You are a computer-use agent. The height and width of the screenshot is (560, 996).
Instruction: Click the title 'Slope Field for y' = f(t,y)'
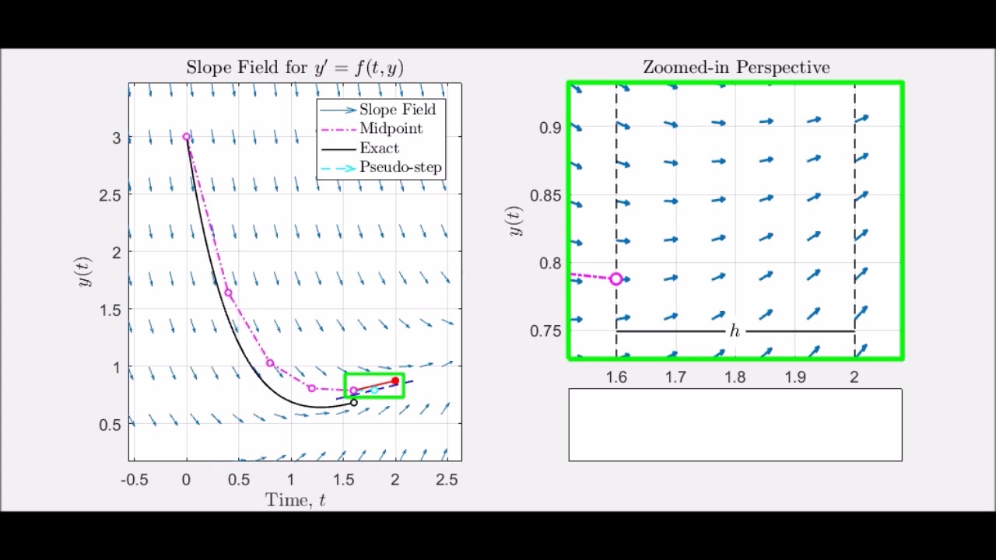(x=294, y=68)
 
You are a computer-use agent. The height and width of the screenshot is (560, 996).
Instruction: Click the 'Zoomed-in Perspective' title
(x=735, y=68)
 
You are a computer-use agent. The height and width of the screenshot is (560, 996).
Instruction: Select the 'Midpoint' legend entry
(x=391, y=129)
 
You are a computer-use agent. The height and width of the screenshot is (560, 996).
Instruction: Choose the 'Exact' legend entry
(x=379, y=149)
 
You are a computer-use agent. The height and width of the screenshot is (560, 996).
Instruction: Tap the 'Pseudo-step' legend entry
(x=400, y=167)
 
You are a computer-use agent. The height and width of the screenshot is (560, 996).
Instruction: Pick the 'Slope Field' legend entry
(x=397, y=110)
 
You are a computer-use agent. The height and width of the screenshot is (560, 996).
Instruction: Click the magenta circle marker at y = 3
(x=187, y=137)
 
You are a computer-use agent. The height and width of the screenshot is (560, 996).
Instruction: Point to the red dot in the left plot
(x=395, y=381)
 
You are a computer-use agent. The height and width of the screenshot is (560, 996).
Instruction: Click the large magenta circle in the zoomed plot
(x=615, y=278)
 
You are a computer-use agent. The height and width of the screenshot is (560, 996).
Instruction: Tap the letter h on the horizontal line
(x=735, y=331)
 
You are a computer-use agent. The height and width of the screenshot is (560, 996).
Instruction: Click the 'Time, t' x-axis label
(x=295, y=500)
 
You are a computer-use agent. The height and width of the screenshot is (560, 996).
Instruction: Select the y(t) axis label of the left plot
(x=84, y=271)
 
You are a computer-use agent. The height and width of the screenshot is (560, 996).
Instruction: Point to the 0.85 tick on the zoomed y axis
(x=545, y=195)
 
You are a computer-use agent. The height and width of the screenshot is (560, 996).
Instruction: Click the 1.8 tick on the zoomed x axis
(x=735, y=377)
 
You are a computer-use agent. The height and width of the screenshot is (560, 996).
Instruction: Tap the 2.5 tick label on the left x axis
(x=447, y=481)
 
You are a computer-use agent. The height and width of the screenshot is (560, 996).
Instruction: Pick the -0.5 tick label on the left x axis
(x=134, y=481)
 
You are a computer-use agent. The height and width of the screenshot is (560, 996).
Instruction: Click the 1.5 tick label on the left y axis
(x=110, y=310)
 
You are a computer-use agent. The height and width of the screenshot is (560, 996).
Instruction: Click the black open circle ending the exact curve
(x=354, y=402)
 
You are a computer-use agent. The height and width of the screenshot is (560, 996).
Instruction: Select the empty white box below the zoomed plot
(x=735, y=425)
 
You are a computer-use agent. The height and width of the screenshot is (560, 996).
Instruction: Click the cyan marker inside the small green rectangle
(x=374, y=390)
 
